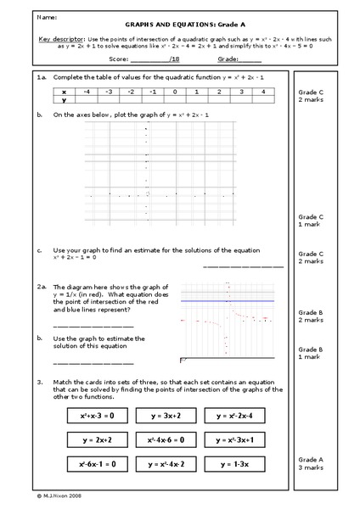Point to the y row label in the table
[64, 99]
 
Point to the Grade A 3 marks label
[310, 463]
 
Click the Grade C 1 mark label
[310, 220]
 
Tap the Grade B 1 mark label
[310, 353]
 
